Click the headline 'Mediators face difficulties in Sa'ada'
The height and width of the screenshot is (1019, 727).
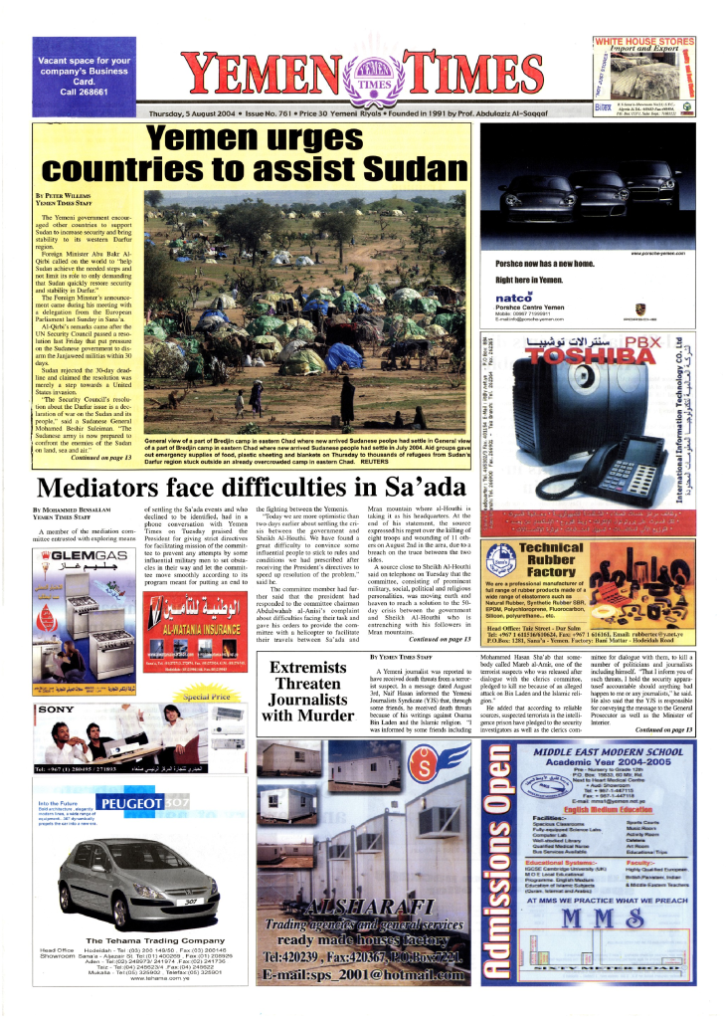[x=251, y=487]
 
